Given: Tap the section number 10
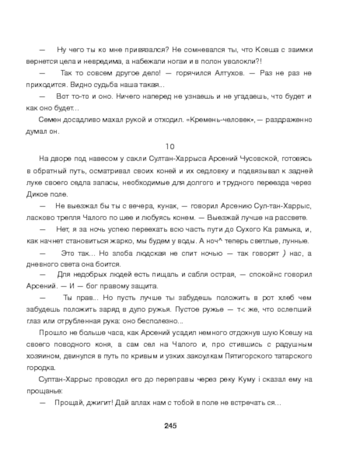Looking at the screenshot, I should click(x=170, y=146).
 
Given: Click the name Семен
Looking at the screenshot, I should click(x=49, y=120).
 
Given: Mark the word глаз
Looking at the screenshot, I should click(x=34, y=321).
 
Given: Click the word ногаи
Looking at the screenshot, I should click(x=164, y=60).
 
